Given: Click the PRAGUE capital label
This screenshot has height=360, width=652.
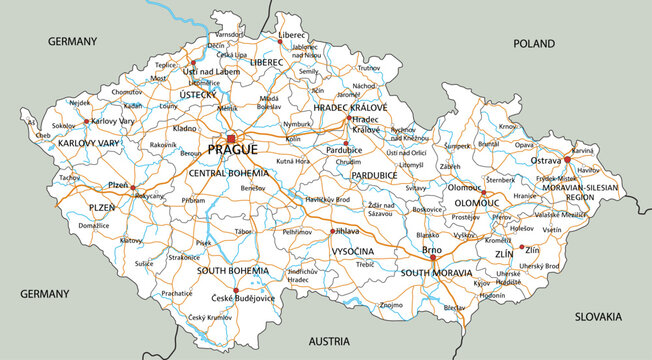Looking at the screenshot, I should pyautogui.click(x=232, y=150).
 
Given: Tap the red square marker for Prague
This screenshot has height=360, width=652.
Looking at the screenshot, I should pyautogui.click(x=230, y=138).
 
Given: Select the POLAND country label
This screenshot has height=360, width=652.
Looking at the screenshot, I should pyautogui.click(x=533, y=44).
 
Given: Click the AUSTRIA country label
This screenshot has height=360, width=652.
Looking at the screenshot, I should pyautogui.click(x=329, y=342).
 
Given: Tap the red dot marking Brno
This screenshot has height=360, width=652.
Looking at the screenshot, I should pyautogui.click(x=433, y=257).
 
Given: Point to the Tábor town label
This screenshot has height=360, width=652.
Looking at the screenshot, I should pyautogui.click(x=244, y=231).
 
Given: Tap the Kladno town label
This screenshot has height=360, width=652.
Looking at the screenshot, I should pyautogui.click(x=185, y=129).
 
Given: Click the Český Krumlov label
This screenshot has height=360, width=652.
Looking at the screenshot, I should pyautogui.click(x=210, y=318).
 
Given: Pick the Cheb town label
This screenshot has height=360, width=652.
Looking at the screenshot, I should pyautogui.click(x=43, y=135).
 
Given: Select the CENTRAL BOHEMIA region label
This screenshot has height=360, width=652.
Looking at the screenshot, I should pyautogui.click(x=227, y=173).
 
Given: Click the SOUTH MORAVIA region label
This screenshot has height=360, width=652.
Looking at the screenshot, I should pyautogui.click(x=436, y=272).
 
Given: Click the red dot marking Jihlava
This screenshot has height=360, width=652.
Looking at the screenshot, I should pyautogui.click(x=332, y=231).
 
